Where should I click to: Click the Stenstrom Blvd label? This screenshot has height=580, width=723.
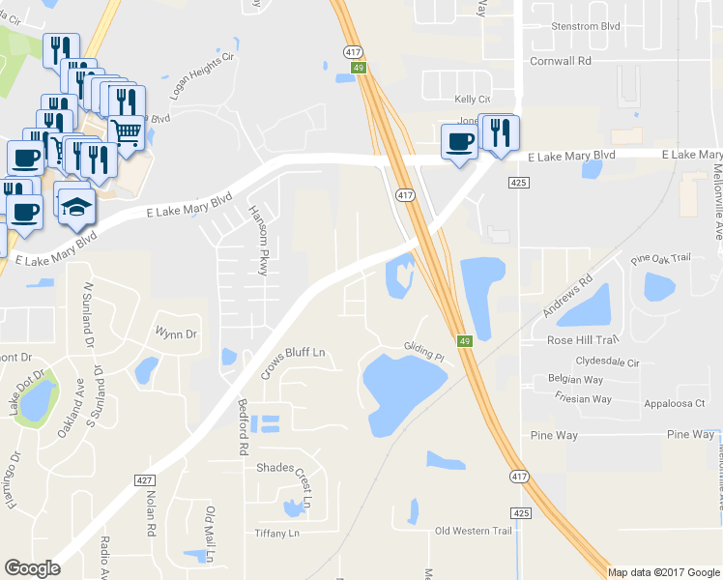point(584,27)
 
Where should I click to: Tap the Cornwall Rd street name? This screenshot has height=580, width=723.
point(560,60)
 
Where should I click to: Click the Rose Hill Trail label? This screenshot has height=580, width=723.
point(582,340)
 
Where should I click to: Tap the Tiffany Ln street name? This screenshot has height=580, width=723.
point(276,534)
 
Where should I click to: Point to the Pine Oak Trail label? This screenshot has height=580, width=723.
point(662,258)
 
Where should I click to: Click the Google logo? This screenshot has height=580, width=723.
point(32,568)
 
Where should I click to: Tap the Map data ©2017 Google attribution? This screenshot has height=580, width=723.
point(664,572)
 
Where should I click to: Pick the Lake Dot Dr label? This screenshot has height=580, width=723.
point(26,391)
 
